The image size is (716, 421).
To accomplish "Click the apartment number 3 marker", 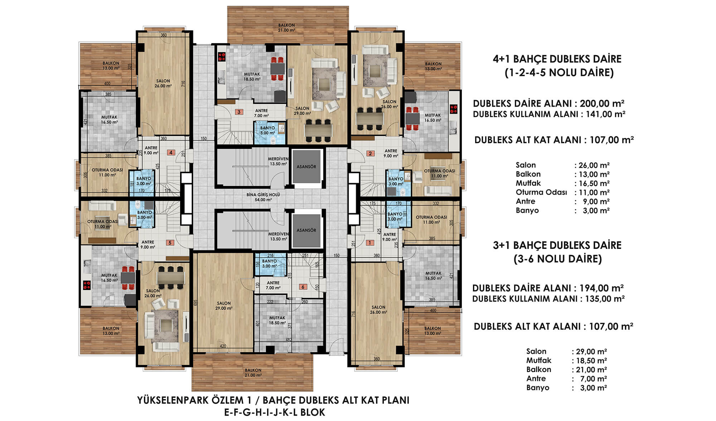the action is pyautogui.click(x=239, y=112).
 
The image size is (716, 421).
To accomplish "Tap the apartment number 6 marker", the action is pyautogui.click(x=303, y=287).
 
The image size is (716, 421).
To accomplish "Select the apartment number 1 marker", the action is pyautogui.click(x=370, y=243).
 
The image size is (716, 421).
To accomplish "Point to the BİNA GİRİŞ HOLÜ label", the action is pyautogui.click(x=263, y=197).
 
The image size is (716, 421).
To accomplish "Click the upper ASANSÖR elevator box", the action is pyautogui.click(x=306, y=167).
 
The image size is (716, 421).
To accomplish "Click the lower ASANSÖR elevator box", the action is pyautogui.click(x=306, y=230).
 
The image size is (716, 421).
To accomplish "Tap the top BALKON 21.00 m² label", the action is pyautogui.click(x=286, y=28).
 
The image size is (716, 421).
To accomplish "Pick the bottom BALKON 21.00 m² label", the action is pyautogui.click(x=253, y=373).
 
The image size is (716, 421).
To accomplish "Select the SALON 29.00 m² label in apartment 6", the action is pyautogui.click(x=224, y=305).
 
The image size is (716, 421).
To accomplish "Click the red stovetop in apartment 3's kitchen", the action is pyautogui.click(x=222, y=57).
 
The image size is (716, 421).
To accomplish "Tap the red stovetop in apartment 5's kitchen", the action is pyautogui.click(x=86, y=285).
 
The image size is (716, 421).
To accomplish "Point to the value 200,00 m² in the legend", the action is pyautogui.click(x=602, y=104).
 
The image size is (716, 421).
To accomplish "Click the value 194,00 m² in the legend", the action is pyautogui.click(x=601, y=288).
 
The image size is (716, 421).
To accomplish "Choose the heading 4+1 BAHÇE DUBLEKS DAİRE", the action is pyautogui.click(x=557, y=59).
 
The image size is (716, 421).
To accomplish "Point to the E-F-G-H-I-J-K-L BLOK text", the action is pyautogui.click(x=275, y=412).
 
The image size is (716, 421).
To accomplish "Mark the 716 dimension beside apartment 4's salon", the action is pyautogui.click(x=183, y=84).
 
